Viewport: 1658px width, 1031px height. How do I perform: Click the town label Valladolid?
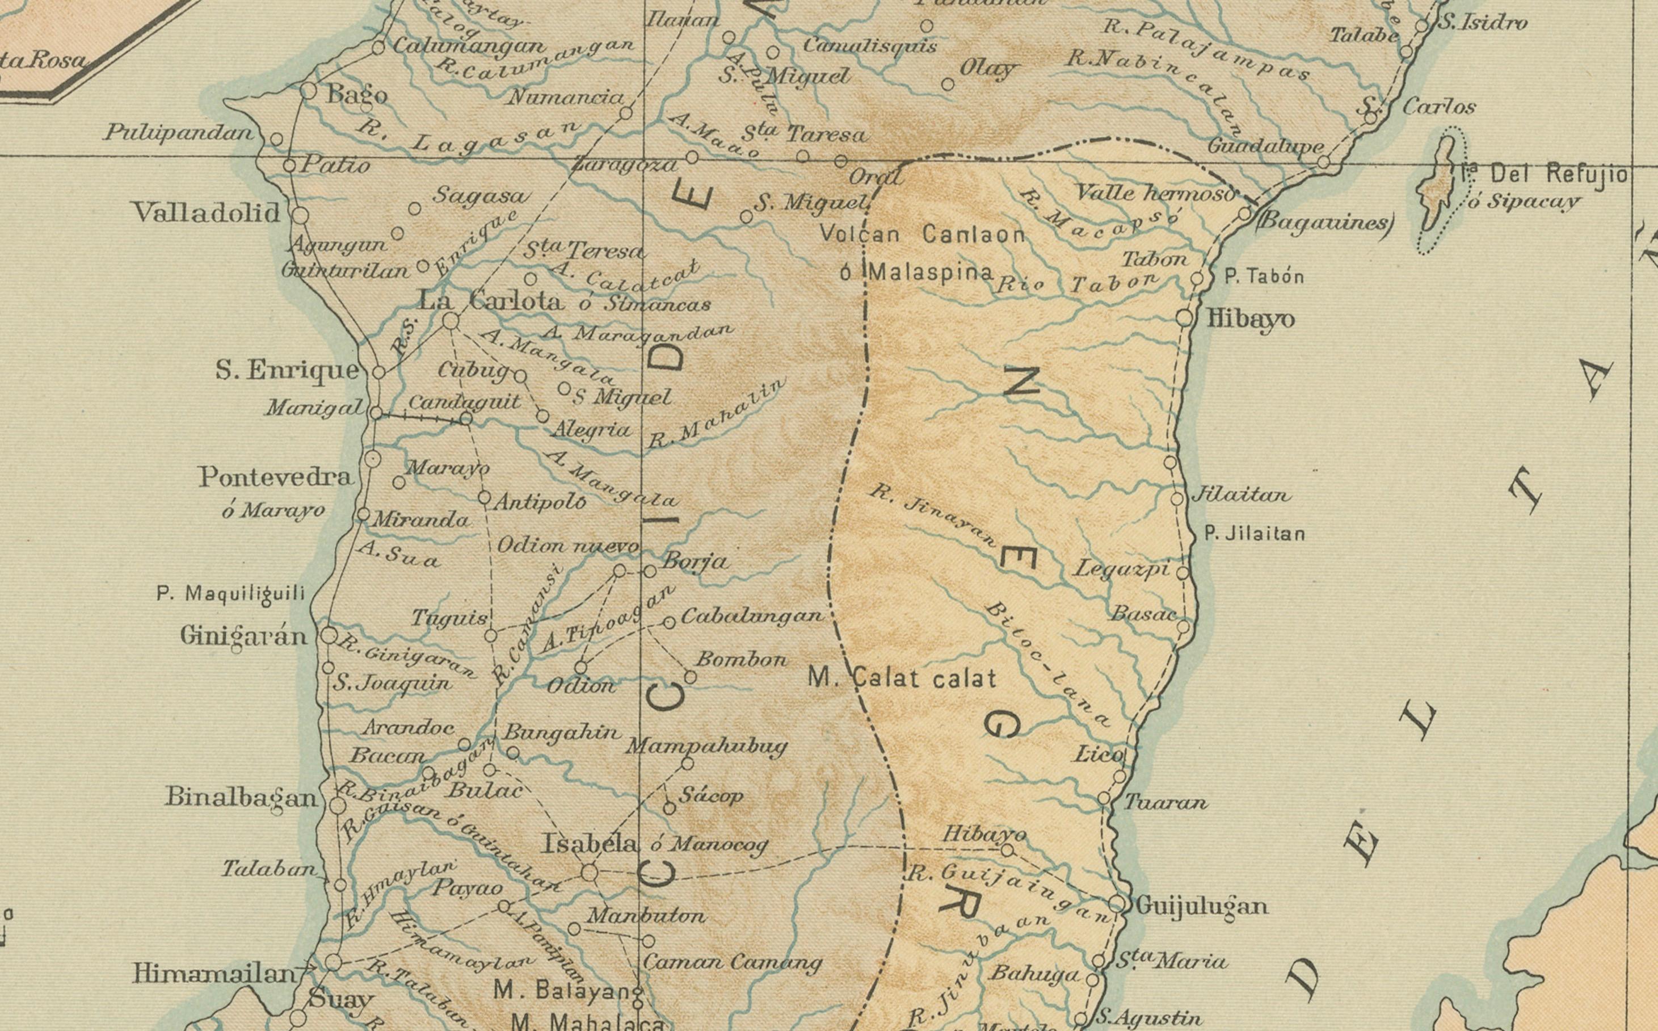click(206, 213)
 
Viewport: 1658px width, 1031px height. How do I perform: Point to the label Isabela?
click(590, 844)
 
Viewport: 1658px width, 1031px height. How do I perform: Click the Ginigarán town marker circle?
click(329, 635)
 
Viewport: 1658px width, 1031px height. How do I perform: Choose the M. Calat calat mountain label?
click(902, 678)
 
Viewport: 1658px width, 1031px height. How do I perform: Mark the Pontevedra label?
click(275, 477)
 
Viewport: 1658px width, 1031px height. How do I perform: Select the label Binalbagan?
click(241, 797)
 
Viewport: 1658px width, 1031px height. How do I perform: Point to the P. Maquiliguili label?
click(230, 593)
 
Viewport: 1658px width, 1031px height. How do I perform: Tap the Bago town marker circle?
click(309, 90)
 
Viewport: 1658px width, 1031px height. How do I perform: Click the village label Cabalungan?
click(752, 616)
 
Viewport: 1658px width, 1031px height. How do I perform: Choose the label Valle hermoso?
click(1154, 193)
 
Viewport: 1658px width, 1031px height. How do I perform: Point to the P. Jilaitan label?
click(1255, 534)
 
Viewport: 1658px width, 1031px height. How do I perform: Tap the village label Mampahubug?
click(706, 746)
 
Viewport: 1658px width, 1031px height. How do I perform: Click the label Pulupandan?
click(179, 132)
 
